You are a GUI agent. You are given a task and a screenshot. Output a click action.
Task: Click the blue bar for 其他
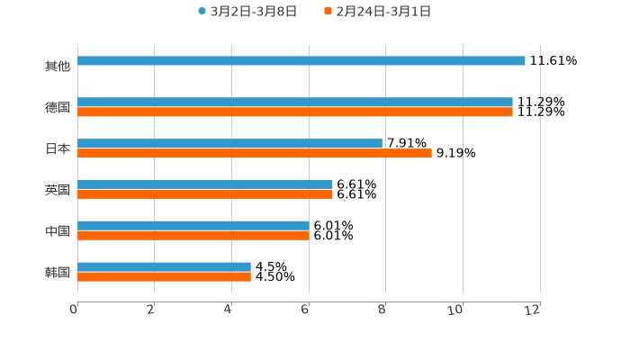(x=301, y=61)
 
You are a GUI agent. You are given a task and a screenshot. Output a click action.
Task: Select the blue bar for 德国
(x=295, y=103)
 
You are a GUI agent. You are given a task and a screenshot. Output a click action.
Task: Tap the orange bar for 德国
(x=295, y=112)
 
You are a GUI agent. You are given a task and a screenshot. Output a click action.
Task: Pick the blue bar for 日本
(x=230, y=144)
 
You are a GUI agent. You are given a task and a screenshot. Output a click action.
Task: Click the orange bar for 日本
(x=255, y=154)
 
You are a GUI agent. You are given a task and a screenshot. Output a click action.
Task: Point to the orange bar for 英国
(x=205, y=194)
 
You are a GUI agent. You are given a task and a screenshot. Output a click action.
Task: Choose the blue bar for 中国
(x=193, y=226)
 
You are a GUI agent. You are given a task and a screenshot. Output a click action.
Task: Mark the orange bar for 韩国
(x=165, y=277)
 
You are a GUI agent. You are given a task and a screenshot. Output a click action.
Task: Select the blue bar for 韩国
(x=165, y=267)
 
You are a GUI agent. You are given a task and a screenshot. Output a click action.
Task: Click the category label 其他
(x=58, y=67)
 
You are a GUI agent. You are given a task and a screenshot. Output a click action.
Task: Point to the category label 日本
(x=58, y=149)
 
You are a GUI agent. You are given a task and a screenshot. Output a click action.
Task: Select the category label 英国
(x=58, y=190)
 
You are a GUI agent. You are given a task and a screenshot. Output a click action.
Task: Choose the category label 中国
(x=58, y=231)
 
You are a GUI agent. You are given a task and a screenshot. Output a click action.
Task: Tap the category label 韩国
(x=58, y=273)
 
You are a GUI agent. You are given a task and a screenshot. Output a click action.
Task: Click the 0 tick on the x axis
(x=75, y=310)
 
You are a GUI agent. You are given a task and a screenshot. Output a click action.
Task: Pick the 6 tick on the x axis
(x=306, y=310)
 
